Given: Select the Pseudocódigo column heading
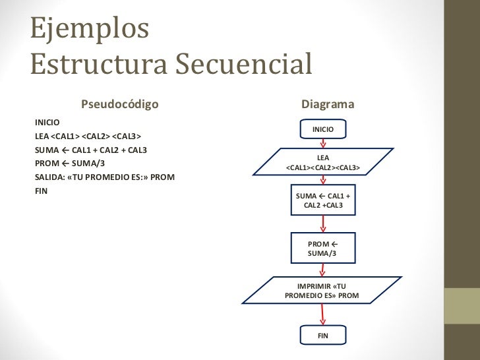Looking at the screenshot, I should [119, 104].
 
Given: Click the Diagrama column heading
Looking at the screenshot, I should [328, 104].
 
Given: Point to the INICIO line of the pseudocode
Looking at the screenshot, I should [47, 123].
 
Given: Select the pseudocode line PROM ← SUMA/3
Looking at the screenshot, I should [69, 164].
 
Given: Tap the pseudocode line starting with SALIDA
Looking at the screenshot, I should [104, 177].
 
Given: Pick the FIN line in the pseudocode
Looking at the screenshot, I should [41, 191].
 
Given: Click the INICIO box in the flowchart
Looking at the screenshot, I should [323, 130].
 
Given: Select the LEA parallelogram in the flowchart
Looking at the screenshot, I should [323, 163].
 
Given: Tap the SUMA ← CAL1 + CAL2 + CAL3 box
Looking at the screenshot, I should [323, 201].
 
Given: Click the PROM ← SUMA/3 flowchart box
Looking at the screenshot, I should [323, 249].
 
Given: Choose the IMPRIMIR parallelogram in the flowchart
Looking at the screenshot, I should [322, 291].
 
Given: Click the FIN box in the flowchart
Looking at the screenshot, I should [323, 336].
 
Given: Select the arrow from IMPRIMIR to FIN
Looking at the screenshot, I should [323, 315].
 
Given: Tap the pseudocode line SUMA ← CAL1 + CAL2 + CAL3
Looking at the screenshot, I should [90, 150].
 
